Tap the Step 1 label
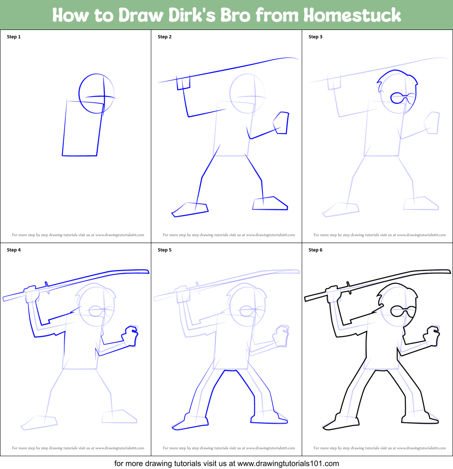click(x=14, y=37)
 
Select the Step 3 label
click(x=315, y=37)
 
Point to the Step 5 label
click(x=165, y=250)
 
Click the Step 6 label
click(x=315, y=250)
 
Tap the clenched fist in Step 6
click(x=432, y=336)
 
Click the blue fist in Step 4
click(x=130, y=336)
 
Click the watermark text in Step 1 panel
click(x=78, y=235)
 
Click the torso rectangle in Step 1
click(x=82, y=128)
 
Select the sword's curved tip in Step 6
click(x=446, y=271)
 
